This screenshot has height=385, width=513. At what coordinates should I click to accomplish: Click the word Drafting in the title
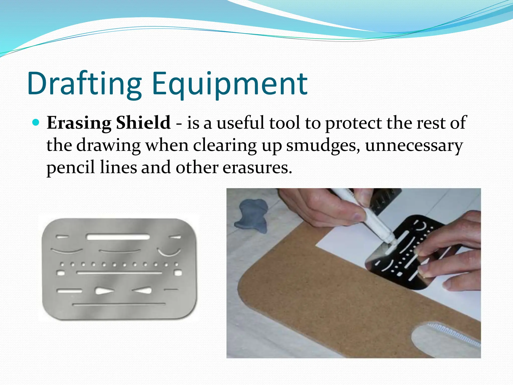tap(85, 84)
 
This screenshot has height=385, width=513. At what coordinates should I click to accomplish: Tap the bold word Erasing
tap(79, 123)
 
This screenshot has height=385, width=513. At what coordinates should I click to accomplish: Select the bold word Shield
tap(143, 123)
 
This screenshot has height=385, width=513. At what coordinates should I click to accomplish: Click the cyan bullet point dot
tap(36, 123)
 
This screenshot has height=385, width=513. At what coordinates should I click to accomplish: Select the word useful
tap(240, 123)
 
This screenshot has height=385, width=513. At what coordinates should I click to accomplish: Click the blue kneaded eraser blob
tap(252, 216)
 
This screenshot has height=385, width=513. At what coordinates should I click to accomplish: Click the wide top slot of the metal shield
tap(118, 237)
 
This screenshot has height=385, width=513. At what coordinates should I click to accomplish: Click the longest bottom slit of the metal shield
tap(119, 305)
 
